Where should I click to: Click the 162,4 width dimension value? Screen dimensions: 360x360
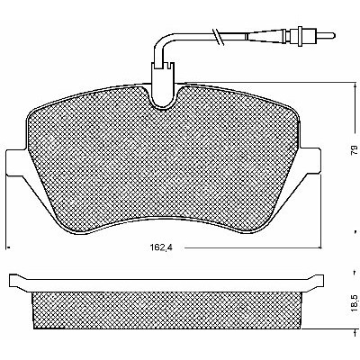click(162, 247)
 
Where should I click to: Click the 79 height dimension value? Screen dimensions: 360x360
click(354, 149)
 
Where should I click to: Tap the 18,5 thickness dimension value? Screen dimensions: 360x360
click(354, 303)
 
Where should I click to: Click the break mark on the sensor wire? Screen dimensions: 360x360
click(219, 38)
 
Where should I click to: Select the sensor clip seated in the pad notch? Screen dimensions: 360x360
click(162, 85)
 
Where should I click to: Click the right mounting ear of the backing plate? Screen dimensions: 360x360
click(310, 162)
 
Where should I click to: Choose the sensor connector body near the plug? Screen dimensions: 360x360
click(301, 36)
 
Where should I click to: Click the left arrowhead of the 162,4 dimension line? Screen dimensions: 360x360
click(9, 247)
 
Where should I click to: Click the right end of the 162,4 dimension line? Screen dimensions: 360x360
click(321, 247)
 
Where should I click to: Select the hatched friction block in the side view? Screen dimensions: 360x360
click(166, 310)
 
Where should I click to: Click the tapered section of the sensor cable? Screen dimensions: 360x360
click(265, 36)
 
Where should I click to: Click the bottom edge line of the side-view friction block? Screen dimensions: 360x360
click(166, 328)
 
